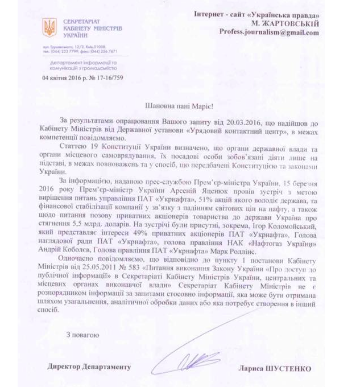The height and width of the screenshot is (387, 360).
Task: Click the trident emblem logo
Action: click(50, 27)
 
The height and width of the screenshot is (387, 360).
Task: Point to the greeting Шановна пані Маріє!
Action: click(180, 105)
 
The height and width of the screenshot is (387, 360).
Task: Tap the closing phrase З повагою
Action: click(84, 335)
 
